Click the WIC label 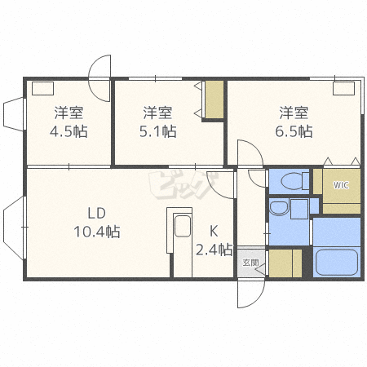click(x=341, y=185)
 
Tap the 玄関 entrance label click(x=250, y=263)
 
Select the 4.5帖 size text click(x=69, y=131)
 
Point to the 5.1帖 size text click(x=157, y=131)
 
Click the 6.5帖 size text click(x=294, y=131)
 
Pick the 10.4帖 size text click(x=97, y=232)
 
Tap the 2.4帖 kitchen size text click(x=214, y=250)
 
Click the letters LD click(x=96, y=213)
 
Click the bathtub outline click(x=337, y=262)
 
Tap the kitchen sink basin click(x=183, y=226)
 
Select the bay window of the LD click(x=14, y=228)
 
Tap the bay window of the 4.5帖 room click(x=13, y=114)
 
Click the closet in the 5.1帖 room click(x=214, y=99)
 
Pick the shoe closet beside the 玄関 click(x=285, y=263)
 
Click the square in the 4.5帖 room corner click(x=42, y=88)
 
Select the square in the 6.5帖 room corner click(x=344, y=88)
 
